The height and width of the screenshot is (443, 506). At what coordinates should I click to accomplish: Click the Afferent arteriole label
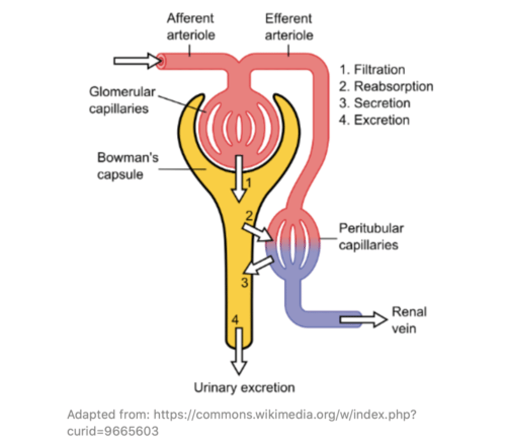(x=191, y=27)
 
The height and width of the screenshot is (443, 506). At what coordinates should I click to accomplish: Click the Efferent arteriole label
(x=289, y=27)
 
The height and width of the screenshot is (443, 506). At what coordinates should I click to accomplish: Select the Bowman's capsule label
(x=127, y=166)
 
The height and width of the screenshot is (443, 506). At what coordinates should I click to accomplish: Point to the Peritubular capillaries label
(x=371, y=237)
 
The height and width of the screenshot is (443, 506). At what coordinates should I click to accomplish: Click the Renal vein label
(x=409, y=320)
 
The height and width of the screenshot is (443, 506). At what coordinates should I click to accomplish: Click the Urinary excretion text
(x=244, y=388)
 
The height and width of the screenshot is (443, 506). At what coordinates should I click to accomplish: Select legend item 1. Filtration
(x=372, y=69)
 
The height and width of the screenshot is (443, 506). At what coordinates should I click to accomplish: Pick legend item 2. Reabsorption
(x=386, y=86)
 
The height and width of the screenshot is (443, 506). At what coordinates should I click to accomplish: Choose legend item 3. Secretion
(x=374, y=103)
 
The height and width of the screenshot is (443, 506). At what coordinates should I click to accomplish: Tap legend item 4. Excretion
(x=374, y=120)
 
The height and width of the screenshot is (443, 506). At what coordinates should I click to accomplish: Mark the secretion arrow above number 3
(x=259, y=265)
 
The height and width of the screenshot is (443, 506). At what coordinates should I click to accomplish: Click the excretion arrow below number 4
(x=239, y=351)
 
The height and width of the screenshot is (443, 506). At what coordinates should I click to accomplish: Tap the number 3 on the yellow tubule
(x=245, y=283)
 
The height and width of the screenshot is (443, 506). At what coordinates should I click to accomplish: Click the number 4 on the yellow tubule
(x=235, y=320)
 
